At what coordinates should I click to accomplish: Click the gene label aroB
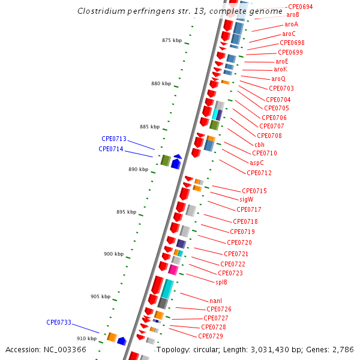293,14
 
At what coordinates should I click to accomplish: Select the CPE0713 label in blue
114,139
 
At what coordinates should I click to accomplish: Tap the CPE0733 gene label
59,322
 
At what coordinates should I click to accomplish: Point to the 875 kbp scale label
172,40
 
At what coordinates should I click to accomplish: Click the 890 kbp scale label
139,169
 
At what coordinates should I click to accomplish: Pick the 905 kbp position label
101,296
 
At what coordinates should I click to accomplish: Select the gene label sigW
247,200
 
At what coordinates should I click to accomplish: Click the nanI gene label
216,301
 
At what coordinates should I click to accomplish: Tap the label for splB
221,282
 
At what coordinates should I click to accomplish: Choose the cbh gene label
259,145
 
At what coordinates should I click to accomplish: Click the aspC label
257,163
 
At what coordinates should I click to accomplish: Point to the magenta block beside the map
173,269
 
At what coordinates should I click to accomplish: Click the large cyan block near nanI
167,289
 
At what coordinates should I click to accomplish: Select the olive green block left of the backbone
166,160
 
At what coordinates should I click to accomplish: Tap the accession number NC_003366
65,350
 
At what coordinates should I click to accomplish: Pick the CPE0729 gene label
211,336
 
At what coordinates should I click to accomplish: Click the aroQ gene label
278,79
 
